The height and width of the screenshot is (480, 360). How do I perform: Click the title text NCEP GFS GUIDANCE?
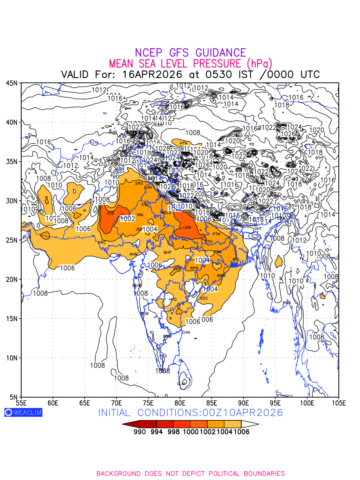(190, 53)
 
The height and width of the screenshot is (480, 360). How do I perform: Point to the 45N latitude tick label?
(12, 83)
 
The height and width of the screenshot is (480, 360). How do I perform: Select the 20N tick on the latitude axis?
(12, 279)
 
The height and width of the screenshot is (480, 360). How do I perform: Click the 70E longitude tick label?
(116, 402)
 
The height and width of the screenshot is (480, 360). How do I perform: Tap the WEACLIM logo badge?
(23, 412)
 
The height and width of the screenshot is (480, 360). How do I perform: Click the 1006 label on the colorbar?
(242, 432)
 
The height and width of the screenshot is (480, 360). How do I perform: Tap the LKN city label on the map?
(187, 228)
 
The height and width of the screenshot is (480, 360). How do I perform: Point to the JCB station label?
(110, 213)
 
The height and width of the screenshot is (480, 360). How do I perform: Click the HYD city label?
(173, 300)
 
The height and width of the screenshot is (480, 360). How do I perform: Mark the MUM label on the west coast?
(137, 286)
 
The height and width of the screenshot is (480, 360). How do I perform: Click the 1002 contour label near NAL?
(128, 219)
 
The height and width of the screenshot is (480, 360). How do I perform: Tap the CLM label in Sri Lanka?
(181, 384)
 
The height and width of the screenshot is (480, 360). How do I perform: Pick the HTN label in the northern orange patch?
(184, 143)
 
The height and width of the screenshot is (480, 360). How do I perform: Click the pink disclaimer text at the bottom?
(190, 474)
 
